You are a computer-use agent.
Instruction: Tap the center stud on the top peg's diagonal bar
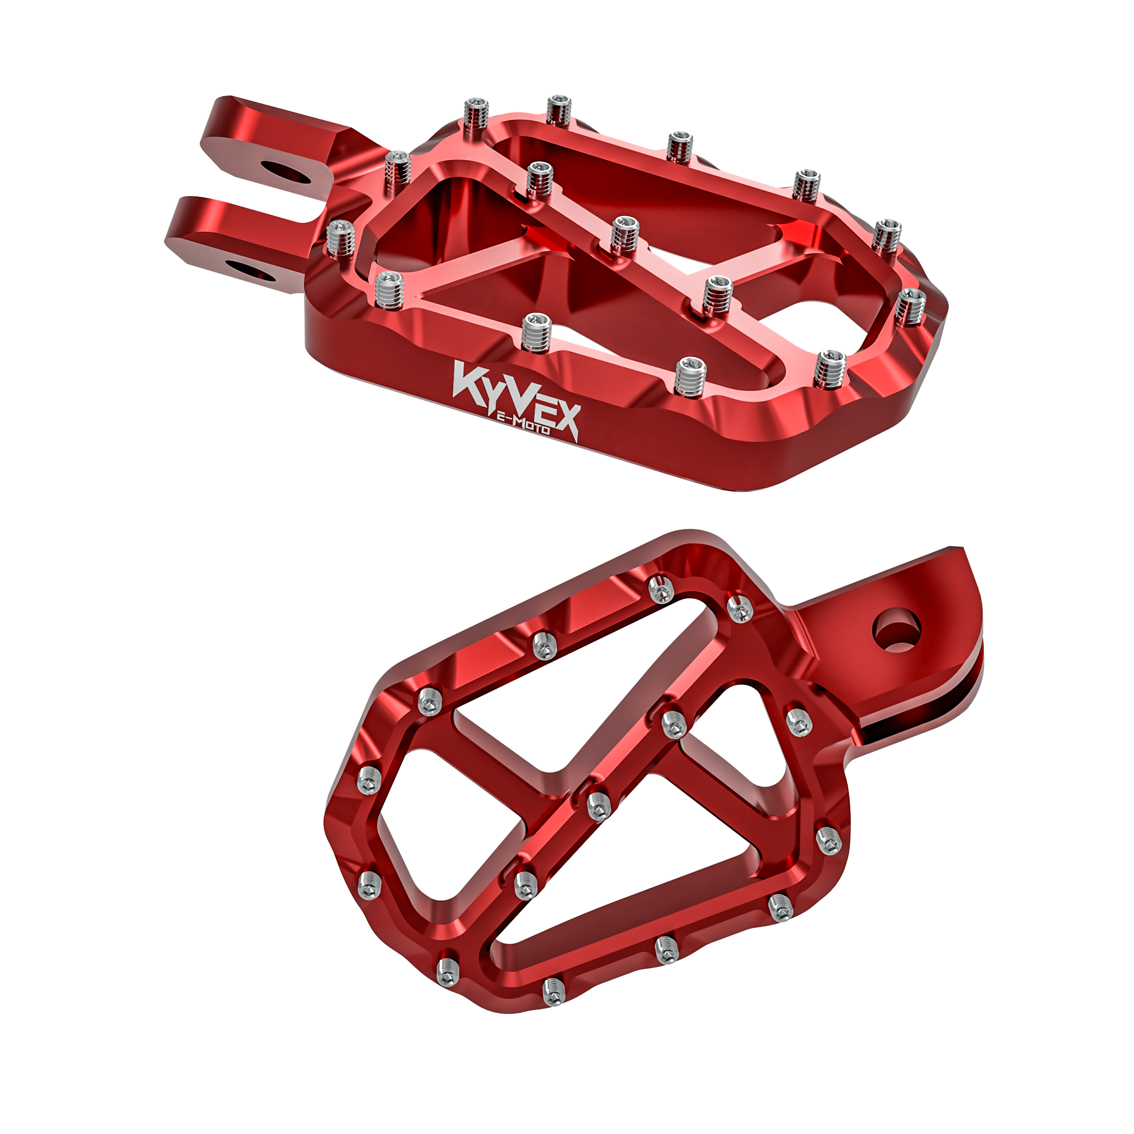[624, 235]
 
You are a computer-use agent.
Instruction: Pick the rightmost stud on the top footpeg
[909, 305]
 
